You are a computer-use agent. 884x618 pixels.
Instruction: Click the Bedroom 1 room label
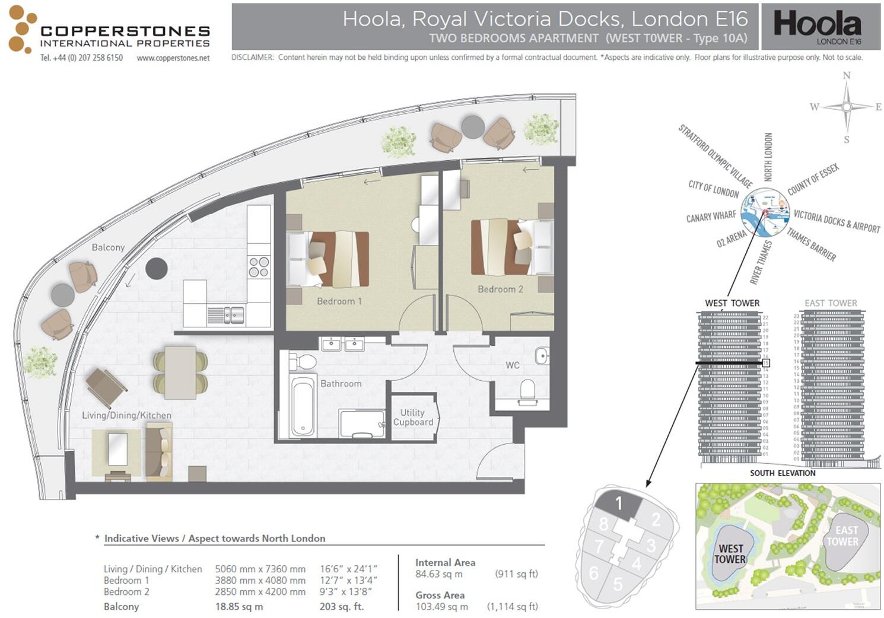tap(339, 301)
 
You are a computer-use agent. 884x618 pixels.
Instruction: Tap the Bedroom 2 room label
tap(500, 289)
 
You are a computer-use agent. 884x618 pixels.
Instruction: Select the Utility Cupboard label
tap(413, 418)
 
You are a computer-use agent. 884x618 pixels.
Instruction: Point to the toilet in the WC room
tap(527, 391)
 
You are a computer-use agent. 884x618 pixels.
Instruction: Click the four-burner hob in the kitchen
tap(259, 267)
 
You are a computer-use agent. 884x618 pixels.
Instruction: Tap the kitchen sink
tap(225, 314)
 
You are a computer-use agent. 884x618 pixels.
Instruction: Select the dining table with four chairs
tap(180, 372)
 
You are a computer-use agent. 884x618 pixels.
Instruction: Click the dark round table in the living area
tap(157, 269)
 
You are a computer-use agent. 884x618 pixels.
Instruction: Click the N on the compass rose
tap(847, 75)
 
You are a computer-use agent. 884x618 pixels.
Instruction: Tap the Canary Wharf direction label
tap(711, 217)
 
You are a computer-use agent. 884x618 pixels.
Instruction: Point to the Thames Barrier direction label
tap(811, 244)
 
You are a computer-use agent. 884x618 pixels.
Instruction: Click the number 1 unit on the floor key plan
tap(619, 504)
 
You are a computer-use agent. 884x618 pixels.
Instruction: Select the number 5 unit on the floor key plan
tap(618, 584)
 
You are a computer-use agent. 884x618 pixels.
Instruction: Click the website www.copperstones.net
tap(173, 58)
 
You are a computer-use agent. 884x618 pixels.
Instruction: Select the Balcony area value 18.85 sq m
tap(239, 607)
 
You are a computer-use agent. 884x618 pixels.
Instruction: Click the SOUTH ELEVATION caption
tap(782, 473)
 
